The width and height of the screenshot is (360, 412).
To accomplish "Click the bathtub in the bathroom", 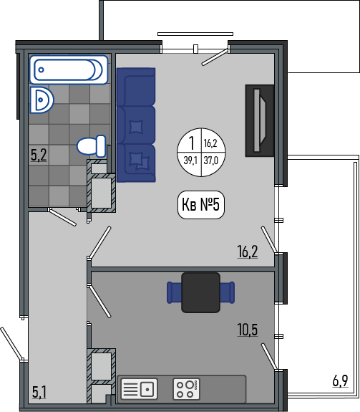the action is (x=69, y=70).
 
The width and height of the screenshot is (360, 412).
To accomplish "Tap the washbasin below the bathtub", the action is (x=42, y=100).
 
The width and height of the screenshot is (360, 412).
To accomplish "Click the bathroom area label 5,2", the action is (x=39, y=155).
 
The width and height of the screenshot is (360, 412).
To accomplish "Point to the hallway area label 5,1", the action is (x=39, y=392).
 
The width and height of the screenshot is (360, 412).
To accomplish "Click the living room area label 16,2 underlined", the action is (x=248, y=251).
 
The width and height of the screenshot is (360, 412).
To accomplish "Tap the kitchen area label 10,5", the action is (x=248, y=330).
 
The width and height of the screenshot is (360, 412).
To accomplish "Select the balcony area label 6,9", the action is (x=341, y=380).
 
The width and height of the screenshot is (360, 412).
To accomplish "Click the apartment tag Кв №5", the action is (x=201, y=205).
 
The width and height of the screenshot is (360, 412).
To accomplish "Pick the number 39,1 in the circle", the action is (x=190, y=160).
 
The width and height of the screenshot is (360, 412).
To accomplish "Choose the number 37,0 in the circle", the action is (x=211, y=160).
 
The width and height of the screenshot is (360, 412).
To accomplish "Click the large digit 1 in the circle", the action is (x=192, y=143).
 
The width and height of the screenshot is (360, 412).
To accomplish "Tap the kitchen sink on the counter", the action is (x=139, y=389).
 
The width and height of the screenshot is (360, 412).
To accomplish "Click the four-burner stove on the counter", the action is (x=187, y=389).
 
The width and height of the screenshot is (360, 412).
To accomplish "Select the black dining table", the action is (x=200, y=293).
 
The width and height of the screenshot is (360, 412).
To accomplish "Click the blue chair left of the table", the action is (x=174, y=293).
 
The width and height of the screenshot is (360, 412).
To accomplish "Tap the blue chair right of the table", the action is (x=227, y=293).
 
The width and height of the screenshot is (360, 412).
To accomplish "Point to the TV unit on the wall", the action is (x=260, y=120).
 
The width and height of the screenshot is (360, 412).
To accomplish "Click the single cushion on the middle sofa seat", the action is (x=137, y=127).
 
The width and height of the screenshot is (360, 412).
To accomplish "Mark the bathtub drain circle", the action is (x=42, y=70).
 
